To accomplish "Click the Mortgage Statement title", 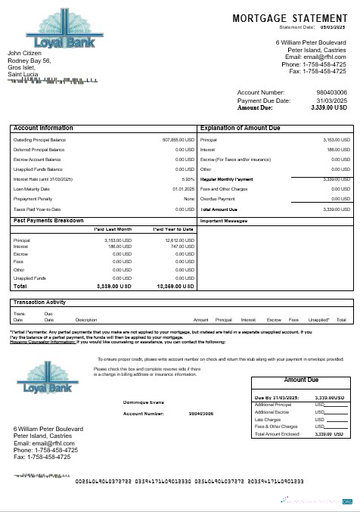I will pos(290,17).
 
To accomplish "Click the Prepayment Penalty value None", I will pos(189,198).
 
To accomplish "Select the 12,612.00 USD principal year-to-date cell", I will pos(180,239).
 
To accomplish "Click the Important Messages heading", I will pos(225,221).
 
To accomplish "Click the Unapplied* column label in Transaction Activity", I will pos(319,319).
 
